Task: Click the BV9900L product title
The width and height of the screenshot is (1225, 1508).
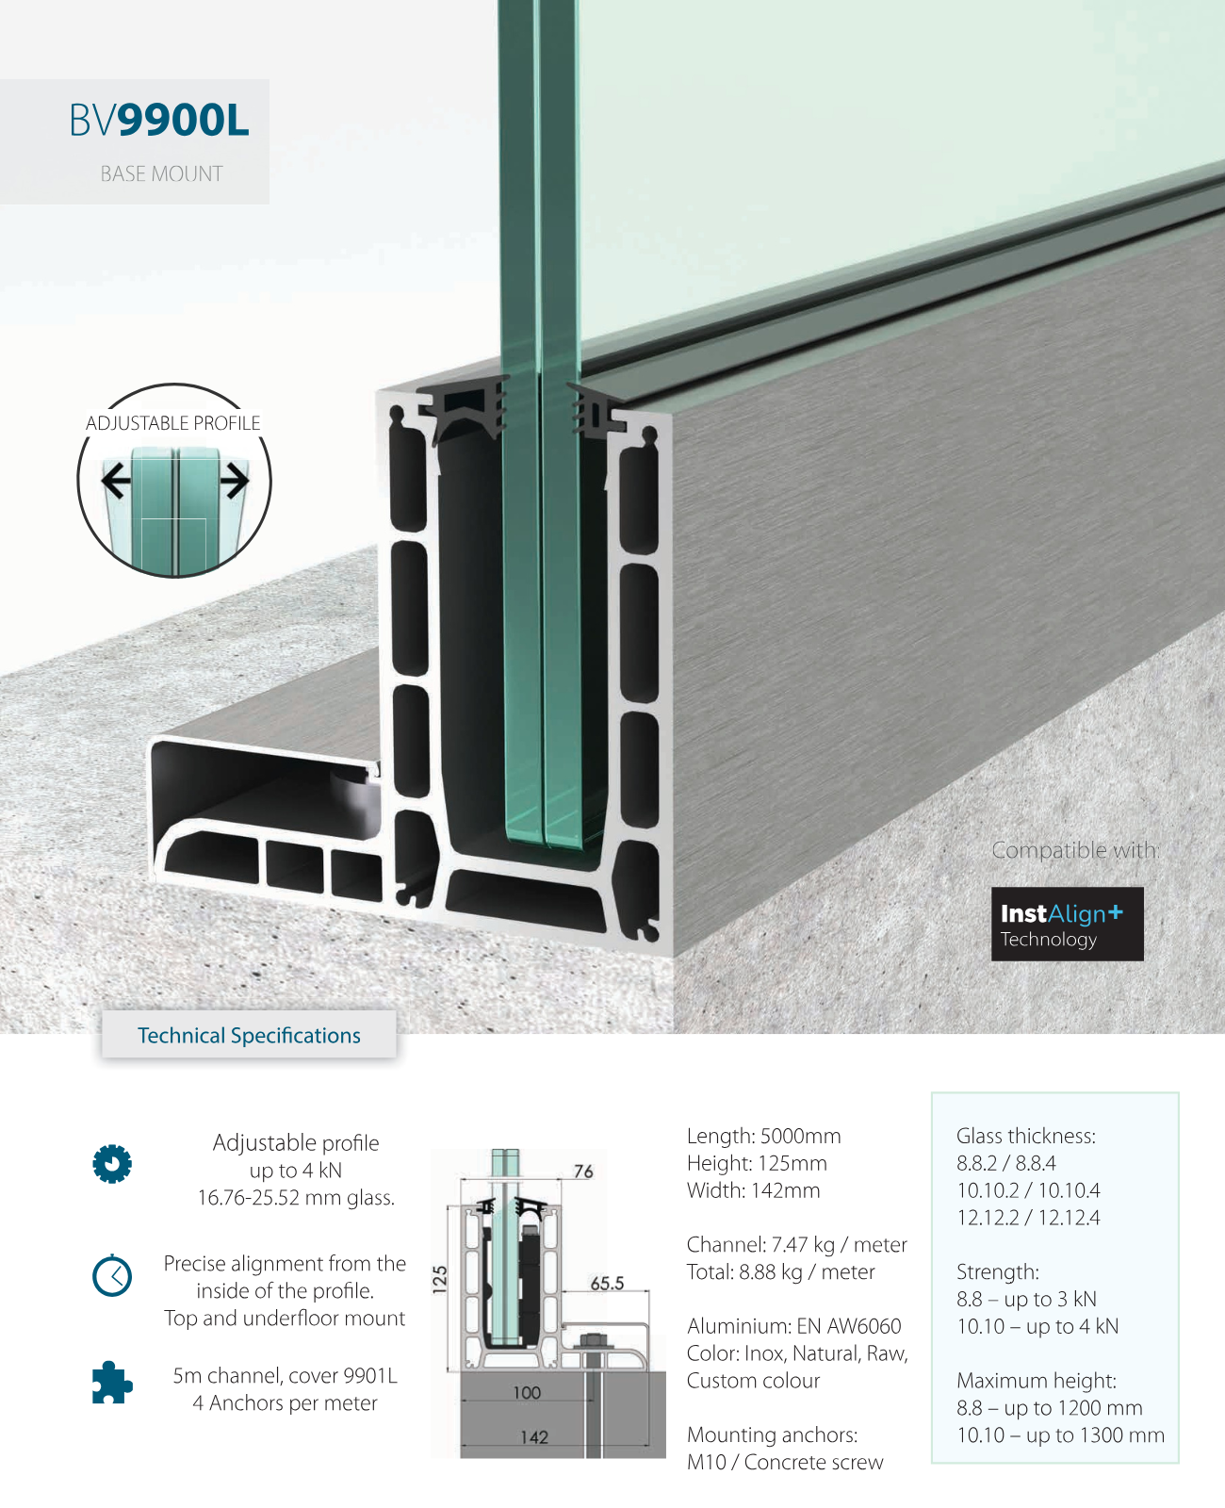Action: click(x=159, y=121)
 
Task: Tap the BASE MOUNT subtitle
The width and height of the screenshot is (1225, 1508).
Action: click(x=161, y=174)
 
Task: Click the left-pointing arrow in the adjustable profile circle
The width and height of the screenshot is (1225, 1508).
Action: click(x=116, y=481)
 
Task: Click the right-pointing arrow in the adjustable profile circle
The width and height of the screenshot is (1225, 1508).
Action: click(x=235, y=481)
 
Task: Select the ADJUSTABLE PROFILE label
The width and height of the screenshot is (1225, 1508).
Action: click(x=173, y=423)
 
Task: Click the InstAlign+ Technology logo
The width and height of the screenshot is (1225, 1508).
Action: click(x=1067, y=924)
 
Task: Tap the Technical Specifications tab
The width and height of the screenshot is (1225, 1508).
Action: click(x=249, y=1036)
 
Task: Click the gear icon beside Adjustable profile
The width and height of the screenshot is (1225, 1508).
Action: click(x=112, y=1164)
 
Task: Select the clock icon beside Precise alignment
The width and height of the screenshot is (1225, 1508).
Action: click(x=112, y=1276)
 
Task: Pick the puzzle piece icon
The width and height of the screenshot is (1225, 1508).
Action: click(x=112, y=1383)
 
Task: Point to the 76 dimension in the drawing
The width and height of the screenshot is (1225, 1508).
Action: click(x=583, y=1172)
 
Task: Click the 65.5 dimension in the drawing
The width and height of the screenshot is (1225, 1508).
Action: click(x=607, y=1283)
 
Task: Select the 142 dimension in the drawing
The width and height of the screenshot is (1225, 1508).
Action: click(x=534, y=1437)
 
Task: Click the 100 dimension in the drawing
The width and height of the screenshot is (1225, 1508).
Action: click(x=527, y=1393)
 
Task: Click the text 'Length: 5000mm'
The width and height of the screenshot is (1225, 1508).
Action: click(x=763, y=1137)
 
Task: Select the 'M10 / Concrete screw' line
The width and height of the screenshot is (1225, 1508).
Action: click(x=785, y=1463)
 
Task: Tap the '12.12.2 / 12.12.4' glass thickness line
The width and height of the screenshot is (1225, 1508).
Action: click(x=1028, y=1218)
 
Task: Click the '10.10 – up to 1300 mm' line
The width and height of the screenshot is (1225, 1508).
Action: click(x=1060, y=1435)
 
